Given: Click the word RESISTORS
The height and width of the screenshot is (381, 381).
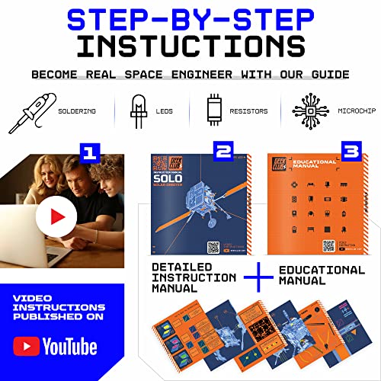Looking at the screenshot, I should point(250,111).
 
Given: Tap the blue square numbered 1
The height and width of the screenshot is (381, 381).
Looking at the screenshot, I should point(91,153).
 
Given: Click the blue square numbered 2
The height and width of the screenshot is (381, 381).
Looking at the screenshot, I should point(223,152).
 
